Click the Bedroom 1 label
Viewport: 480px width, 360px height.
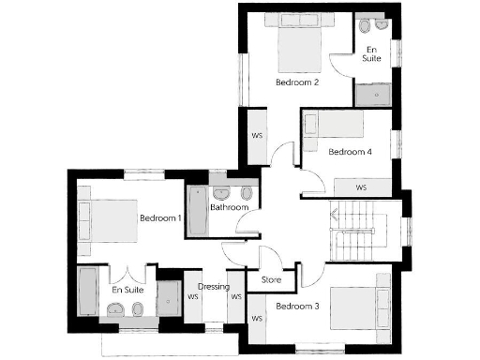pyautogui.click(x=159, y=218)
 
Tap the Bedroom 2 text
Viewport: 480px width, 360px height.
pyautogui.click(x=298, y=82)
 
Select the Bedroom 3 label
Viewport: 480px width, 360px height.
pyautogui.click(x=298, y=306)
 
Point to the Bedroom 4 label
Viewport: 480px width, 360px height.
pyautogui.click(x=351, y=151)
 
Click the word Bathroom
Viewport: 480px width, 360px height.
pyautogui.click(x=228, y=208)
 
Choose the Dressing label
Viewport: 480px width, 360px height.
pyautogui.click(x=214, y=287)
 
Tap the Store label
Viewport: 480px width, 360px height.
pyautogui.click(x=271, y=278)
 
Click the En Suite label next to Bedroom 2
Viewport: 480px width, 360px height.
pyautogui.click(x=372, y=52)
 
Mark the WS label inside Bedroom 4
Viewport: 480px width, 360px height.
pyautogui.click(x=361, y=187)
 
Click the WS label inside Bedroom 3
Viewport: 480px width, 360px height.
pyautogui.click(x=257, y=319)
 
